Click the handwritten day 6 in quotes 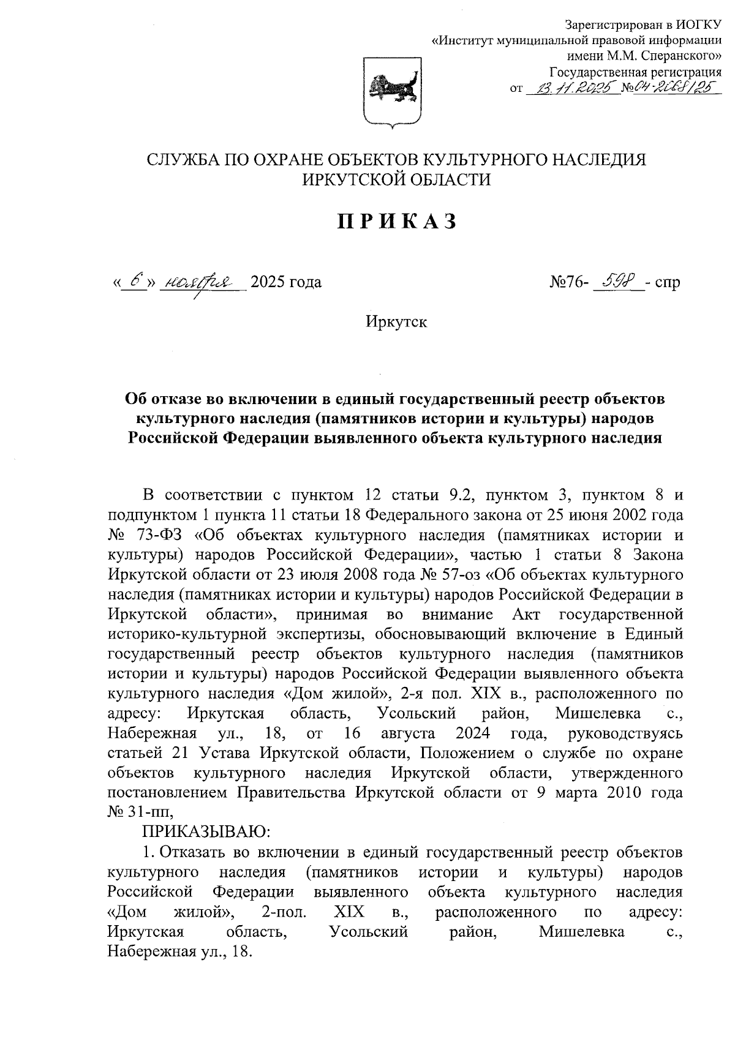[x=136, y=282]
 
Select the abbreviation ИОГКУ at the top [x=699, y=25]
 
